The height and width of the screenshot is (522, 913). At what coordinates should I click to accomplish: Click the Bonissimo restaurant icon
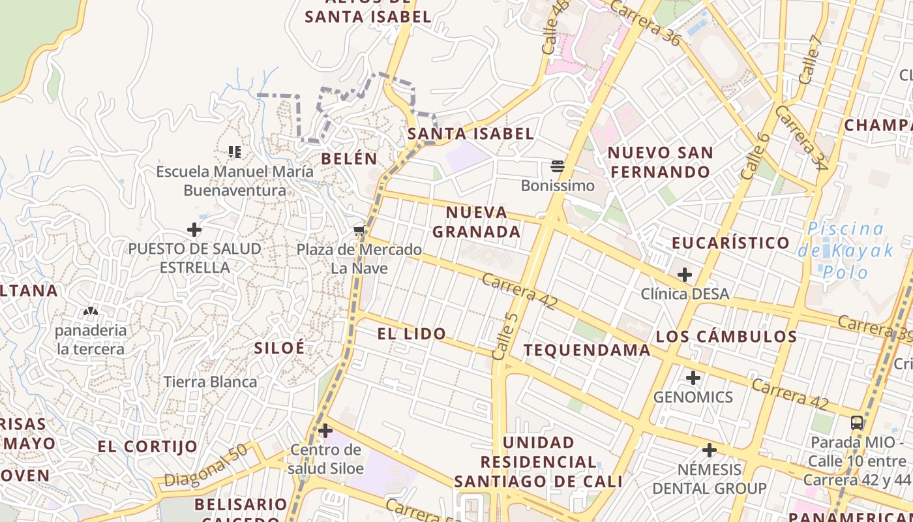(x=558, y=166)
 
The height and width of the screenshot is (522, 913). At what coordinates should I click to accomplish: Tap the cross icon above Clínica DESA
(x=684, y=275)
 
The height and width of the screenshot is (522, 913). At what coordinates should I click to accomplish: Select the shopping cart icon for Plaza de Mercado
(x=359, y=230)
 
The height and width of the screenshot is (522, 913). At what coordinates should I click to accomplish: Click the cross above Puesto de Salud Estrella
(x=194, y=230)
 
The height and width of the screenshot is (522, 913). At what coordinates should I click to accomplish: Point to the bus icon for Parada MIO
(x=857, y=422)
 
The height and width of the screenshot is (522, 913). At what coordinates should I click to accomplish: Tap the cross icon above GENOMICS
(x=693, y=378)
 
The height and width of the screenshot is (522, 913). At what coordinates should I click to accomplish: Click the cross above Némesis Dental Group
(x=710, y=450)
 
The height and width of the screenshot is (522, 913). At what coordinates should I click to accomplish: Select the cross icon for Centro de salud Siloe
(x=325, y=431)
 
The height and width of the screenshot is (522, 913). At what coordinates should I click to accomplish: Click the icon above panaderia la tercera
(x=91, y=311)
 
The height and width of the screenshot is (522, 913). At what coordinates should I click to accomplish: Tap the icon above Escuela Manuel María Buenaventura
(x=235, y=152)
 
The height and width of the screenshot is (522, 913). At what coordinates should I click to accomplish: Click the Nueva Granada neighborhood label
(x=477, y=222)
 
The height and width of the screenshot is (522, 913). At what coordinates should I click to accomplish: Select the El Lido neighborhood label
(x=412, y=334)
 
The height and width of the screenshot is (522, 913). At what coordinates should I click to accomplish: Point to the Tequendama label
(x=587, y=350)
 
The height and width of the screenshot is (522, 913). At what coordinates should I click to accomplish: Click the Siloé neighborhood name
(x=279, y=348)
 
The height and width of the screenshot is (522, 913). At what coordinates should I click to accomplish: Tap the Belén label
(x=350, y=159)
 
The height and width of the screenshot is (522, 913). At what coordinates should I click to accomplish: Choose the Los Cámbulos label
(x=726, y=337)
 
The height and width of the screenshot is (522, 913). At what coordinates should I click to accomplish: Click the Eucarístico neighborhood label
(x=731, y=243)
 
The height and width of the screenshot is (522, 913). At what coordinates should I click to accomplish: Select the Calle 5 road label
(x=505, y=337)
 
